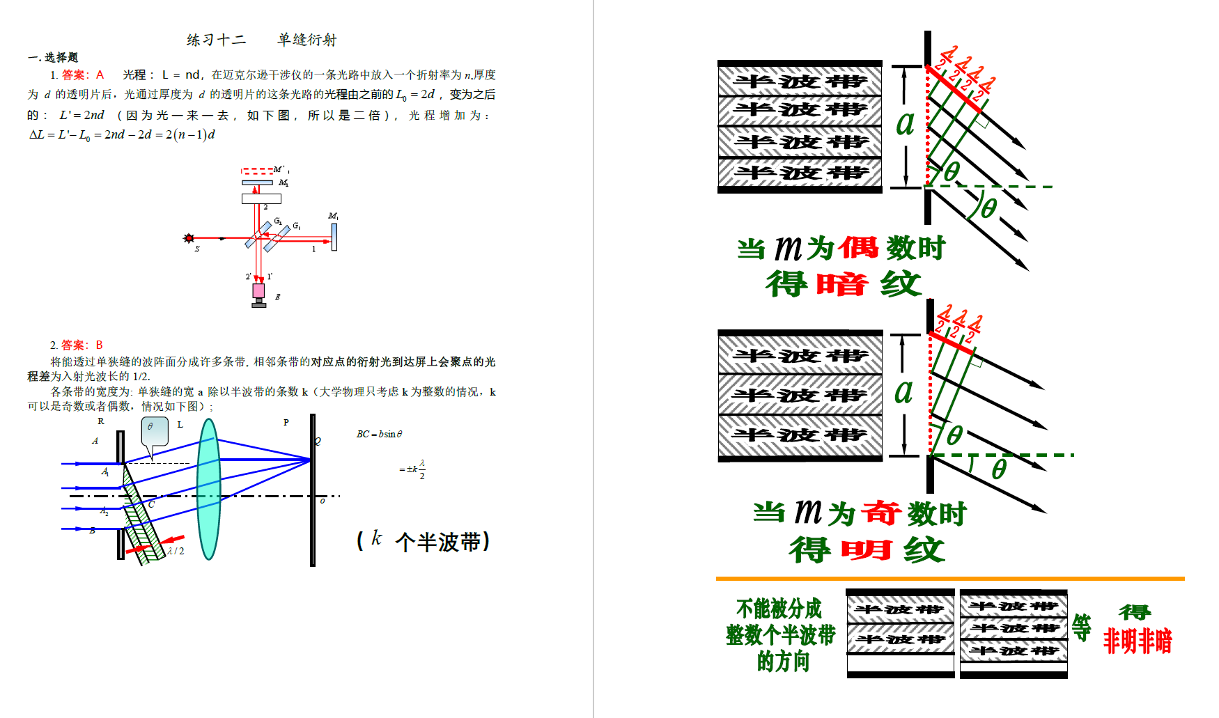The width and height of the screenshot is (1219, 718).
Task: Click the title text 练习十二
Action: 216,40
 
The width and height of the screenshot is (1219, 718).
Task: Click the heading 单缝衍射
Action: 306,40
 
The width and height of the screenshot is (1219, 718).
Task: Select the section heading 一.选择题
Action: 53,57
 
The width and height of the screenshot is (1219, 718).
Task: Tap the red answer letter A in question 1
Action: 100,75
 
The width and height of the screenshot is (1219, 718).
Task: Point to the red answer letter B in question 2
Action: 99,345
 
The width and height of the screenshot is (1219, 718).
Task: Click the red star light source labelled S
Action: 188,238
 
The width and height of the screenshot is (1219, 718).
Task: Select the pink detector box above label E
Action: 258,290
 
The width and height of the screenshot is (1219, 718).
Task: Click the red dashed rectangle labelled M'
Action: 257,171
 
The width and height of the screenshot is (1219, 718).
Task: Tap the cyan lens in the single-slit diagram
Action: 208,489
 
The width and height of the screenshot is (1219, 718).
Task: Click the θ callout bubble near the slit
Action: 155,431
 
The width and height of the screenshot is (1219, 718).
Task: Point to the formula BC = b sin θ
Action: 379,434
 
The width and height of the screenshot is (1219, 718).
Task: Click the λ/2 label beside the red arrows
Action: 176,551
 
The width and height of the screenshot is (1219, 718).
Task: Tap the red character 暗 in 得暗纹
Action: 842,284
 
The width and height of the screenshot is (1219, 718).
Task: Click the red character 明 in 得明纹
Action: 866,550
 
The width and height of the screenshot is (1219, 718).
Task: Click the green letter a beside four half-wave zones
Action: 905,123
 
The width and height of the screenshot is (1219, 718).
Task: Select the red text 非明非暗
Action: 1138,641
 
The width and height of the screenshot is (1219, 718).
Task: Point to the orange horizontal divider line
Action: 950,578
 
